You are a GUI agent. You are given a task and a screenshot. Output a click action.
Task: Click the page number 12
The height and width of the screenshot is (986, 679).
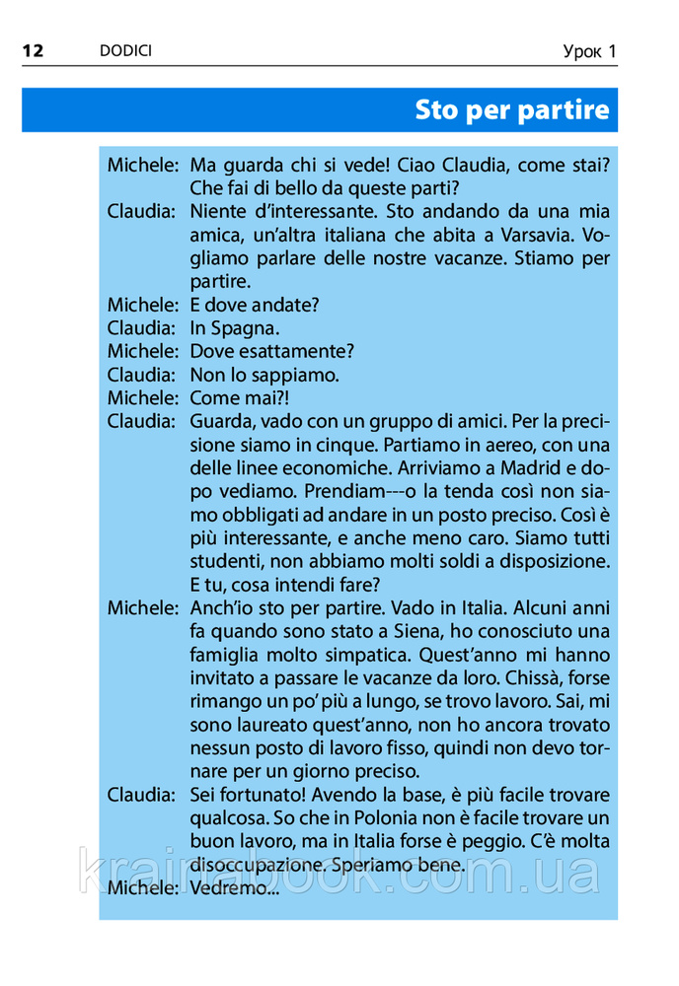tap(33, 50)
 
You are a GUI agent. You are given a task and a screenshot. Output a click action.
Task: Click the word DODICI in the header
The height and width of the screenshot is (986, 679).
tap(125, 50)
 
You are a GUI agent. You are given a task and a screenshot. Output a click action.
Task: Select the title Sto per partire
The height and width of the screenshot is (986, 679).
tap(511, 109)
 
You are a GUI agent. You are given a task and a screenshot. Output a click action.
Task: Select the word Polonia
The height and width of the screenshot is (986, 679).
tap(358, 818)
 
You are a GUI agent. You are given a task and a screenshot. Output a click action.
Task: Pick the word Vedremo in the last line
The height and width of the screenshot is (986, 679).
tap(229, 889)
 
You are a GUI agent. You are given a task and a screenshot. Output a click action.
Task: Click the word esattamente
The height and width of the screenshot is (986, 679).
tap(295, 351)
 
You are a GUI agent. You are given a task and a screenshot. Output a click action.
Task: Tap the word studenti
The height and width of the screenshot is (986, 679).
tap(224, 562)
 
